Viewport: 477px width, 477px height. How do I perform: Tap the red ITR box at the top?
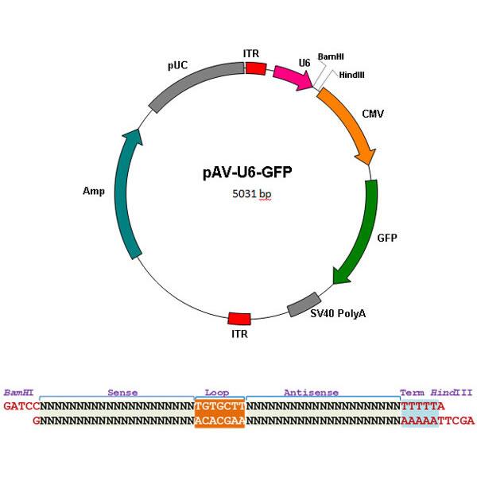(255, 69)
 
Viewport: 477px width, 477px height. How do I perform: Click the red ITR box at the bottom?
(239, 318)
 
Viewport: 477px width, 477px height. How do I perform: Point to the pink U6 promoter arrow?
(292, 77)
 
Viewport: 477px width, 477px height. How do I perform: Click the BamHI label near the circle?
(331, 57)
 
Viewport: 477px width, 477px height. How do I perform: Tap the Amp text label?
(94, 191)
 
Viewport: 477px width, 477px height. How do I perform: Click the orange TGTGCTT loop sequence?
(219, 405)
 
